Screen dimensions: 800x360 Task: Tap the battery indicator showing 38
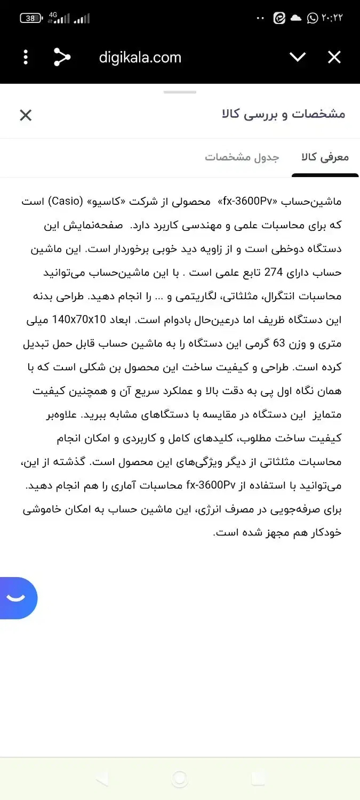click(31, 18)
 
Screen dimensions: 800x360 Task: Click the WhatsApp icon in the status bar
click(313, 18)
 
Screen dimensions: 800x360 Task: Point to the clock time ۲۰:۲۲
click(332, 18)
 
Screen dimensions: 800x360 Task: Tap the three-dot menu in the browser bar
click(26, 57)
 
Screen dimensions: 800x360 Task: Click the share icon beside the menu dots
click(62, 57)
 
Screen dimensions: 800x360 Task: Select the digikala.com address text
click(140, 58)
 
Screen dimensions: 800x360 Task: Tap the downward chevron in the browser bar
click(297, 57)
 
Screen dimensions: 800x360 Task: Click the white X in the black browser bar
click(334, 57)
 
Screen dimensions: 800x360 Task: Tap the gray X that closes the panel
click(26, 115)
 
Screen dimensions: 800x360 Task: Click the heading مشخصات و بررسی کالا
click(283, 114)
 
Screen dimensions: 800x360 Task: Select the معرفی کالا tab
click(325, 157)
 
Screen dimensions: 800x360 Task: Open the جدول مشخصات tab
click(242, 157)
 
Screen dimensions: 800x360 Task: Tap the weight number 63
click(279, 343)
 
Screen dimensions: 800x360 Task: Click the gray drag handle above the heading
click(180, 92)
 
